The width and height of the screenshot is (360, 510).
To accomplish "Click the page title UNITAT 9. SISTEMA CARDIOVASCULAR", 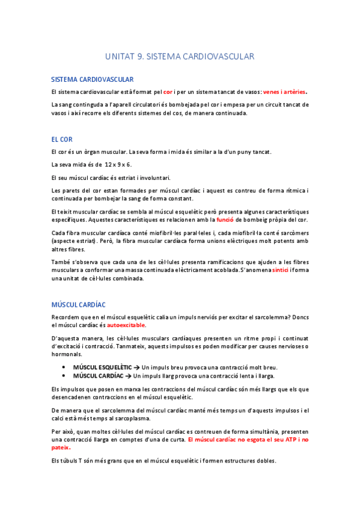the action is pos(180,57).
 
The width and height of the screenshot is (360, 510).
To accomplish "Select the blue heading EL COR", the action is pos(62,139).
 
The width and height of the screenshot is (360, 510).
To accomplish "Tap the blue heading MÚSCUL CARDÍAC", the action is pos(79,306).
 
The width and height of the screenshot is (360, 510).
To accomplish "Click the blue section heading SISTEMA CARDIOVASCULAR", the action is pos(93,79).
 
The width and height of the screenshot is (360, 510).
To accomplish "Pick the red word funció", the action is pos(225,220).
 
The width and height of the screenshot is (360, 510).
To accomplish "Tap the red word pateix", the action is pos(61,447).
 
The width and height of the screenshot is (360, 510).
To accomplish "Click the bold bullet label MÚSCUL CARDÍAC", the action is pos(98,375).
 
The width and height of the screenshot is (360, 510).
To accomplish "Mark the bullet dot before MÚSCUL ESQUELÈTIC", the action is pos(64,367).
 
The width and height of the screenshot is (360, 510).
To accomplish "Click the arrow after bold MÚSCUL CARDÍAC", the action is pos(129,375).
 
